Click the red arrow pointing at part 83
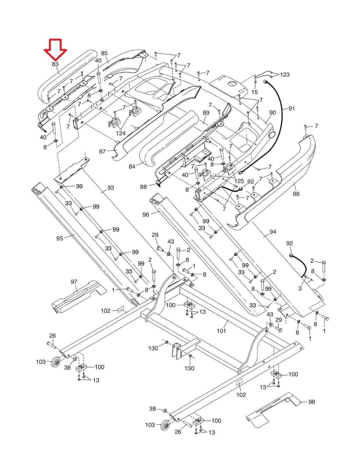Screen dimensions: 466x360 pos(55,49)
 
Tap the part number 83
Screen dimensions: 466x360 pos(55,64)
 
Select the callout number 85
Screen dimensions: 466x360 pos(104,53)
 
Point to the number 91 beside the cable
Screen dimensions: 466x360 pos(292,108)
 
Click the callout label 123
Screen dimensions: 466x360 pos(285,75)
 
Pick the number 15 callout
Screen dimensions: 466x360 pos(255,92)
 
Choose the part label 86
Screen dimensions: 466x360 pos(296,194)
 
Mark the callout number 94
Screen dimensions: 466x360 pos(273,232)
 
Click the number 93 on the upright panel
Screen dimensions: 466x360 pos(111,188)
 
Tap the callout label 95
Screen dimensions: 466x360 pos(59,238)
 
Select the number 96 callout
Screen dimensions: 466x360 pos(146,215)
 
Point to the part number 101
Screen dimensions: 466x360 pos(221,331)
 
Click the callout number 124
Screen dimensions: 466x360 pos(121,133)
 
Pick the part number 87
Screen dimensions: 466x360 pos(103,151)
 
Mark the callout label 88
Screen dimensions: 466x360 pos(143,187)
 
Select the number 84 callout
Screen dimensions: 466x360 pos(132,167)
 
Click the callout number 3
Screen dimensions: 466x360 pos(300,288)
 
